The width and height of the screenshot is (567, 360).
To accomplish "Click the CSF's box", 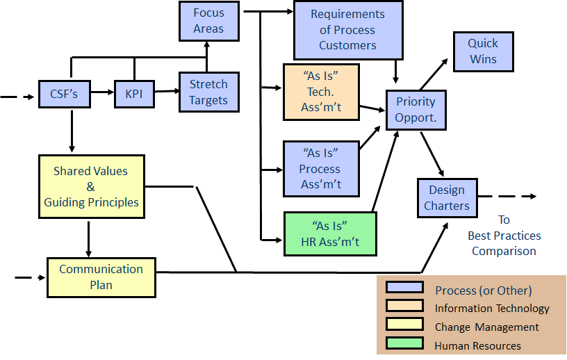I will [65, 93].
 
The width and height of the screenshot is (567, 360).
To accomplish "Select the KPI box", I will [134, 93].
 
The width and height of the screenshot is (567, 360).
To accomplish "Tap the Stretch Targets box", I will [208, 92].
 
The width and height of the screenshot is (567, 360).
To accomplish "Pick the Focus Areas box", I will [208, 21].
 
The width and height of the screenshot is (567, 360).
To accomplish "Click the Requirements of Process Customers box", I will [347, 30].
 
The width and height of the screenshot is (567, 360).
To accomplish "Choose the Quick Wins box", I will [483, 51].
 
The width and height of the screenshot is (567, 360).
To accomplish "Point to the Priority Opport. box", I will [416, 110].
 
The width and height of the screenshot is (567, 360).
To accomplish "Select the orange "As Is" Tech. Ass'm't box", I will [321, 91].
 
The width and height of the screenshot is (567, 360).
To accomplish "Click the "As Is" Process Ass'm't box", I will [320, 168].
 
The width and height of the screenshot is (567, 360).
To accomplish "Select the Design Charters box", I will [447, 197].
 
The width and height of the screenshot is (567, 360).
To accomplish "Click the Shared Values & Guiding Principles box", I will [91, 186].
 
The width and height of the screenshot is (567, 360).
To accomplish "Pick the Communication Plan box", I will [101, 276].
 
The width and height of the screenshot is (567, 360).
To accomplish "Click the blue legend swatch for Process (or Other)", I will [404, 288].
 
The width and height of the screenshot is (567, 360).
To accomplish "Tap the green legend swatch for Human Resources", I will [404, 343].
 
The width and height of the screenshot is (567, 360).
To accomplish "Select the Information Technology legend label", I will [491, 308].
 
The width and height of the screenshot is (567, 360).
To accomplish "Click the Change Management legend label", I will [486, 327].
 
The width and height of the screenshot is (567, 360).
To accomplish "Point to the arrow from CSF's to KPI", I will [102, 92].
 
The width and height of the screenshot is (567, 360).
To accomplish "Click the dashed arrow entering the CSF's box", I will [17, 97].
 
